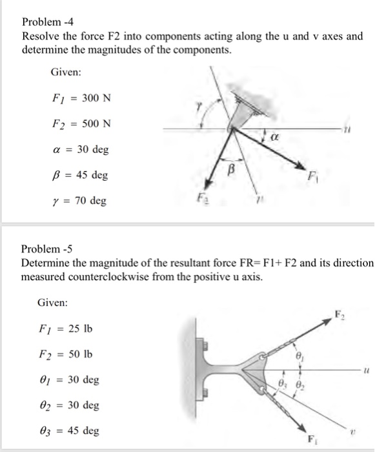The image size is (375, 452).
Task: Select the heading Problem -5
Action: (46, 249)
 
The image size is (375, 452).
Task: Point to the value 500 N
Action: (98, 123)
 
